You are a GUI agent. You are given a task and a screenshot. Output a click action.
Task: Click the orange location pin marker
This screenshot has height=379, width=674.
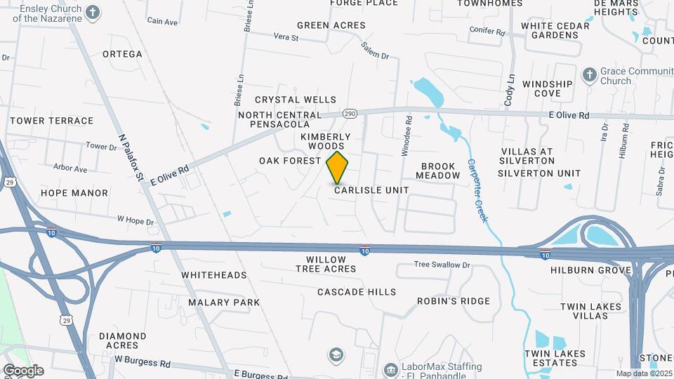(338, 168)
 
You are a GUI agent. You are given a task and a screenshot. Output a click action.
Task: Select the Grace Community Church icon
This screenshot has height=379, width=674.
(590, 74)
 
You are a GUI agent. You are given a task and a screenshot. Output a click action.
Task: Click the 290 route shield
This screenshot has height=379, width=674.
(351, 114)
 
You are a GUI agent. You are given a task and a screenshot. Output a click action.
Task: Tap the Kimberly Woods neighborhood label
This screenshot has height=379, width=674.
(326, 141)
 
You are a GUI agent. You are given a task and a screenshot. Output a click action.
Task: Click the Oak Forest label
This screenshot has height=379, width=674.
(290, 161)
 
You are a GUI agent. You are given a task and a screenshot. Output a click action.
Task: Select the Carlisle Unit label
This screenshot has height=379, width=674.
(371, 190)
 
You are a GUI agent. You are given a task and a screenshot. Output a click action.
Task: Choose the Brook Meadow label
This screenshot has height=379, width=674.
(440, 171)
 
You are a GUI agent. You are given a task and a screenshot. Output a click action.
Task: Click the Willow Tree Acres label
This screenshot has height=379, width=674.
(326, 264)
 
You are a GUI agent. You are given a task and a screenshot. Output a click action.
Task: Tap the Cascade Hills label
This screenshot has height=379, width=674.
(357, 292)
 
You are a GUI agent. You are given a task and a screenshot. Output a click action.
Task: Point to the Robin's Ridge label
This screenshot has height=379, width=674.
(454, 301)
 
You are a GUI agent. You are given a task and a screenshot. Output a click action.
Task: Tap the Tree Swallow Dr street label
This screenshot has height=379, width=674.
(442, 265)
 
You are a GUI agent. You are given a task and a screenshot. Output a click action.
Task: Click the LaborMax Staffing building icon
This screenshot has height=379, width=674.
(390, 368)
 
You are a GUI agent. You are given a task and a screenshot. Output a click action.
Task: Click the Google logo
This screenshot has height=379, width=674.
(23, 371)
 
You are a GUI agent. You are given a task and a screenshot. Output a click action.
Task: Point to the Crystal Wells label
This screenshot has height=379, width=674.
(296, 100)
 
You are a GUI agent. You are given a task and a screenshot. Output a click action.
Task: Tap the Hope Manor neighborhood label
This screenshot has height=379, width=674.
(74, 193)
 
